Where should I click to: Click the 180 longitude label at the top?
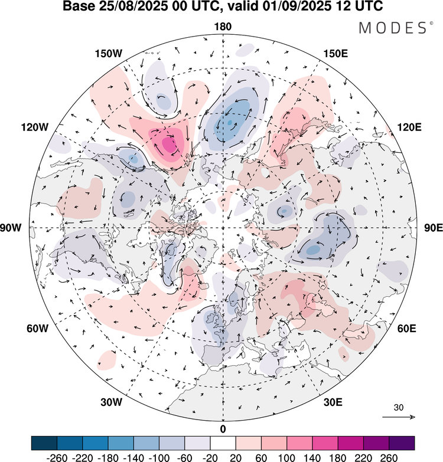click(223, 27)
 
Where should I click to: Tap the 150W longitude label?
click(108, 54)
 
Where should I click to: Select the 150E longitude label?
click(335, 54)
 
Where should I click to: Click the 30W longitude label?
click(110, 402)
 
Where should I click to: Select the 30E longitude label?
click(334, 402)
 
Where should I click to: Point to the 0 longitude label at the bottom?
click(223, 428)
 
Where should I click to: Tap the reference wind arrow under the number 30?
click(399, 417)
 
